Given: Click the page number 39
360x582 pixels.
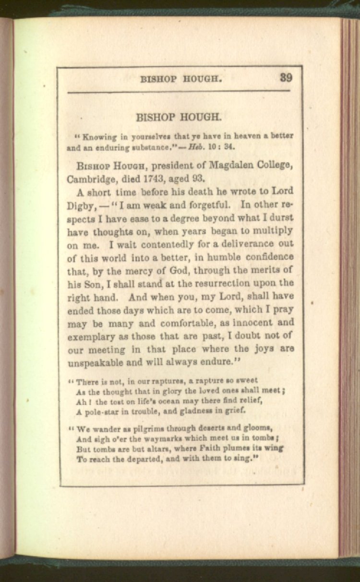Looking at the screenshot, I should pos(286,78).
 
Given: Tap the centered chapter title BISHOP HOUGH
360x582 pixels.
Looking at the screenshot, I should pos(179,117).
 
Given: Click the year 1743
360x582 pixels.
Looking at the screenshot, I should pos(155,180).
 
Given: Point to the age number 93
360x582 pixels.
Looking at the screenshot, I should pos(197,180).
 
